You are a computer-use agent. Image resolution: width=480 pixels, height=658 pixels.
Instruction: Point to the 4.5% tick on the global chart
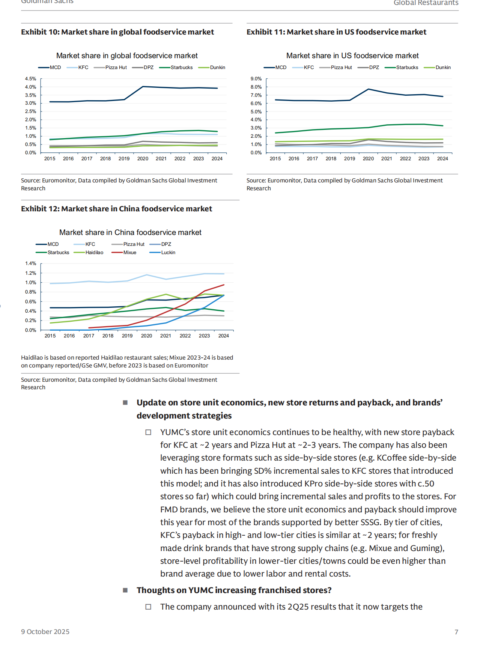click(31, 79)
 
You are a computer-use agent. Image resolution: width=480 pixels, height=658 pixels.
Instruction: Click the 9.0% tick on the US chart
click(256, 79)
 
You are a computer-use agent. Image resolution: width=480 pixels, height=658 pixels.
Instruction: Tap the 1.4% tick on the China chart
click(31, 264)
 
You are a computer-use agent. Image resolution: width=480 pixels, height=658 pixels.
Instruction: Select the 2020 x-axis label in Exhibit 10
click(143, 159)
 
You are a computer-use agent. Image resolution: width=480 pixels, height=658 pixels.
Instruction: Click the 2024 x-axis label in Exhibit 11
click(442, 159)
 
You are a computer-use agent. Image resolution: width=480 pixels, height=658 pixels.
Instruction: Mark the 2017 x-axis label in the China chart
click(89, 336)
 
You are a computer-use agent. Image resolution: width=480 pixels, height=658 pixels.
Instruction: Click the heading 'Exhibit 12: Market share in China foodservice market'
click(116, 209)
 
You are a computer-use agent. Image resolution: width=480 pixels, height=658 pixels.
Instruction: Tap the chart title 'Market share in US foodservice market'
click(352, 56)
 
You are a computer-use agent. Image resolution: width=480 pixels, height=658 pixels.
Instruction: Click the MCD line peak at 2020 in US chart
click(369, 89)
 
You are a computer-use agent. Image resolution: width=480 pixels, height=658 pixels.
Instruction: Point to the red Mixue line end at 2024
click(224, 285)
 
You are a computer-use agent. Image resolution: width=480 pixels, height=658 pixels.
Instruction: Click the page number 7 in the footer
click(456, 632)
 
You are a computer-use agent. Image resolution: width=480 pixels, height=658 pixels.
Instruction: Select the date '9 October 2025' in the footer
click(45, 632)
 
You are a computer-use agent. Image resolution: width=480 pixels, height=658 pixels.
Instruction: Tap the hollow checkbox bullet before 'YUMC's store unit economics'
click(148, 432)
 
